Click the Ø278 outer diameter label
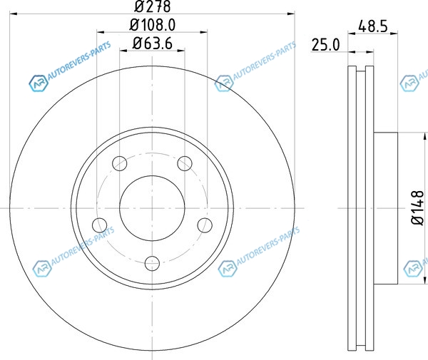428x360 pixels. [153, 6]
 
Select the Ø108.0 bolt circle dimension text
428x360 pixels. [153, 25]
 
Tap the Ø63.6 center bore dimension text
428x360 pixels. [153, 43]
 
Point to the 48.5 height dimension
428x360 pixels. [373, 26]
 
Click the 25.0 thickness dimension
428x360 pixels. [326, 45]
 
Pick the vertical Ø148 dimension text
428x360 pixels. [417, 208]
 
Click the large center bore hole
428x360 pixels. [152, 208]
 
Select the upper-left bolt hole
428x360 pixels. [120, 164]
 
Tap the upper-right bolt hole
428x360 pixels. [185, 164]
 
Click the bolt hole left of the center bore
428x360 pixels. [100, 225]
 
